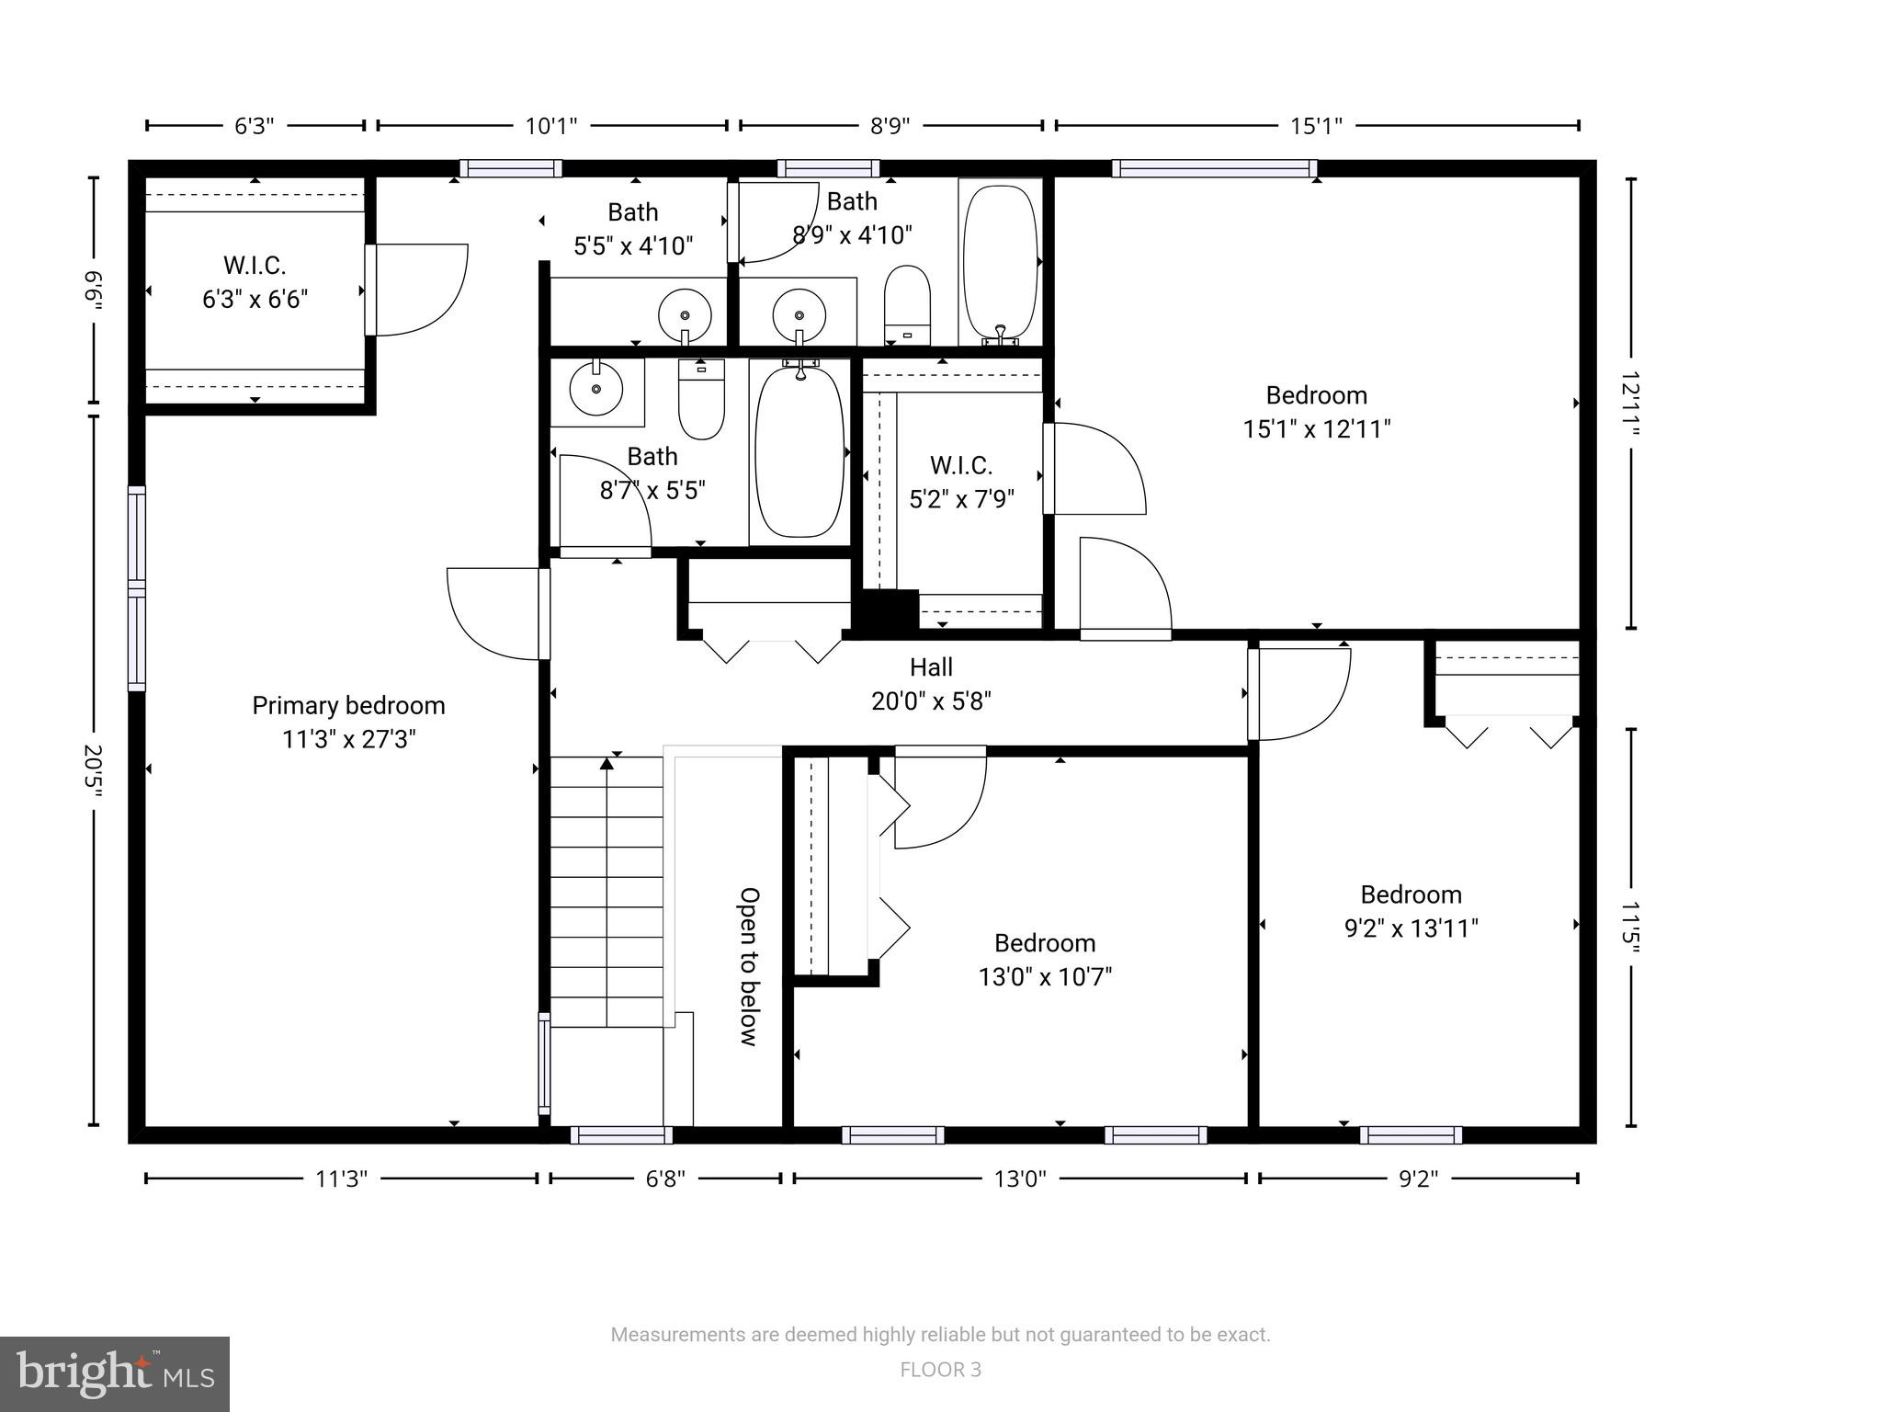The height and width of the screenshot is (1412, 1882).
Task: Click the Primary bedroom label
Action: tap(348, 722)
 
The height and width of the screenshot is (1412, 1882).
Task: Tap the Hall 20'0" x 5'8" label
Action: tap(931, 684)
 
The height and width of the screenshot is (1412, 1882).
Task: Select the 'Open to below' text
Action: tap(750, 966)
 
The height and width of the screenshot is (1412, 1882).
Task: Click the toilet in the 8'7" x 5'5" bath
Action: tap(701, 400)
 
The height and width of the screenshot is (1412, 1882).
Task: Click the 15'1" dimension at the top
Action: tap(1316, 126)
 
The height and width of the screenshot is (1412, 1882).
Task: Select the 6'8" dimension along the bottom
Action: tap(665, 1179)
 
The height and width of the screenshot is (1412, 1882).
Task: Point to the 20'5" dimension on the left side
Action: tap(93, 770)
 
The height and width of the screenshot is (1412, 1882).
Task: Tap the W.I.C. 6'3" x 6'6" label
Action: tap(255, 282)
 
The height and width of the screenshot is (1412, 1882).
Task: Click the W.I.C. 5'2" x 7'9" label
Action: tap(961, 482)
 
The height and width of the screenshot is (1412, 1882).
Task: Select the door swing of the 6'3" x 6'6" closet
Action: tap(418, 289)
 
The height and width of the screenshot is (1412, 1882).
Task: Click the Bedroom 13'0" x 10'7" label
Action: tap(1045, 959)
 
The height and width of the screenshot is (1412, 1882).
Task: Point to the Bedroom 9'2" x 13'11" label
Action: tap(1411, 911)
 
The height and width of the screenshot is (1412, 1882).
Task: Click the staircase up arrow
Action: tap(607, 763)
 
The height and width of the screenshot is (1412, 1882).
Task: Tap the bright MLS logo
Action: tap(115, 1374)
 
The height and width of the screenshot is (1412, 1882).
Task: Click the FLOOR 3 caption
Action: tap(940, 1370)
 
